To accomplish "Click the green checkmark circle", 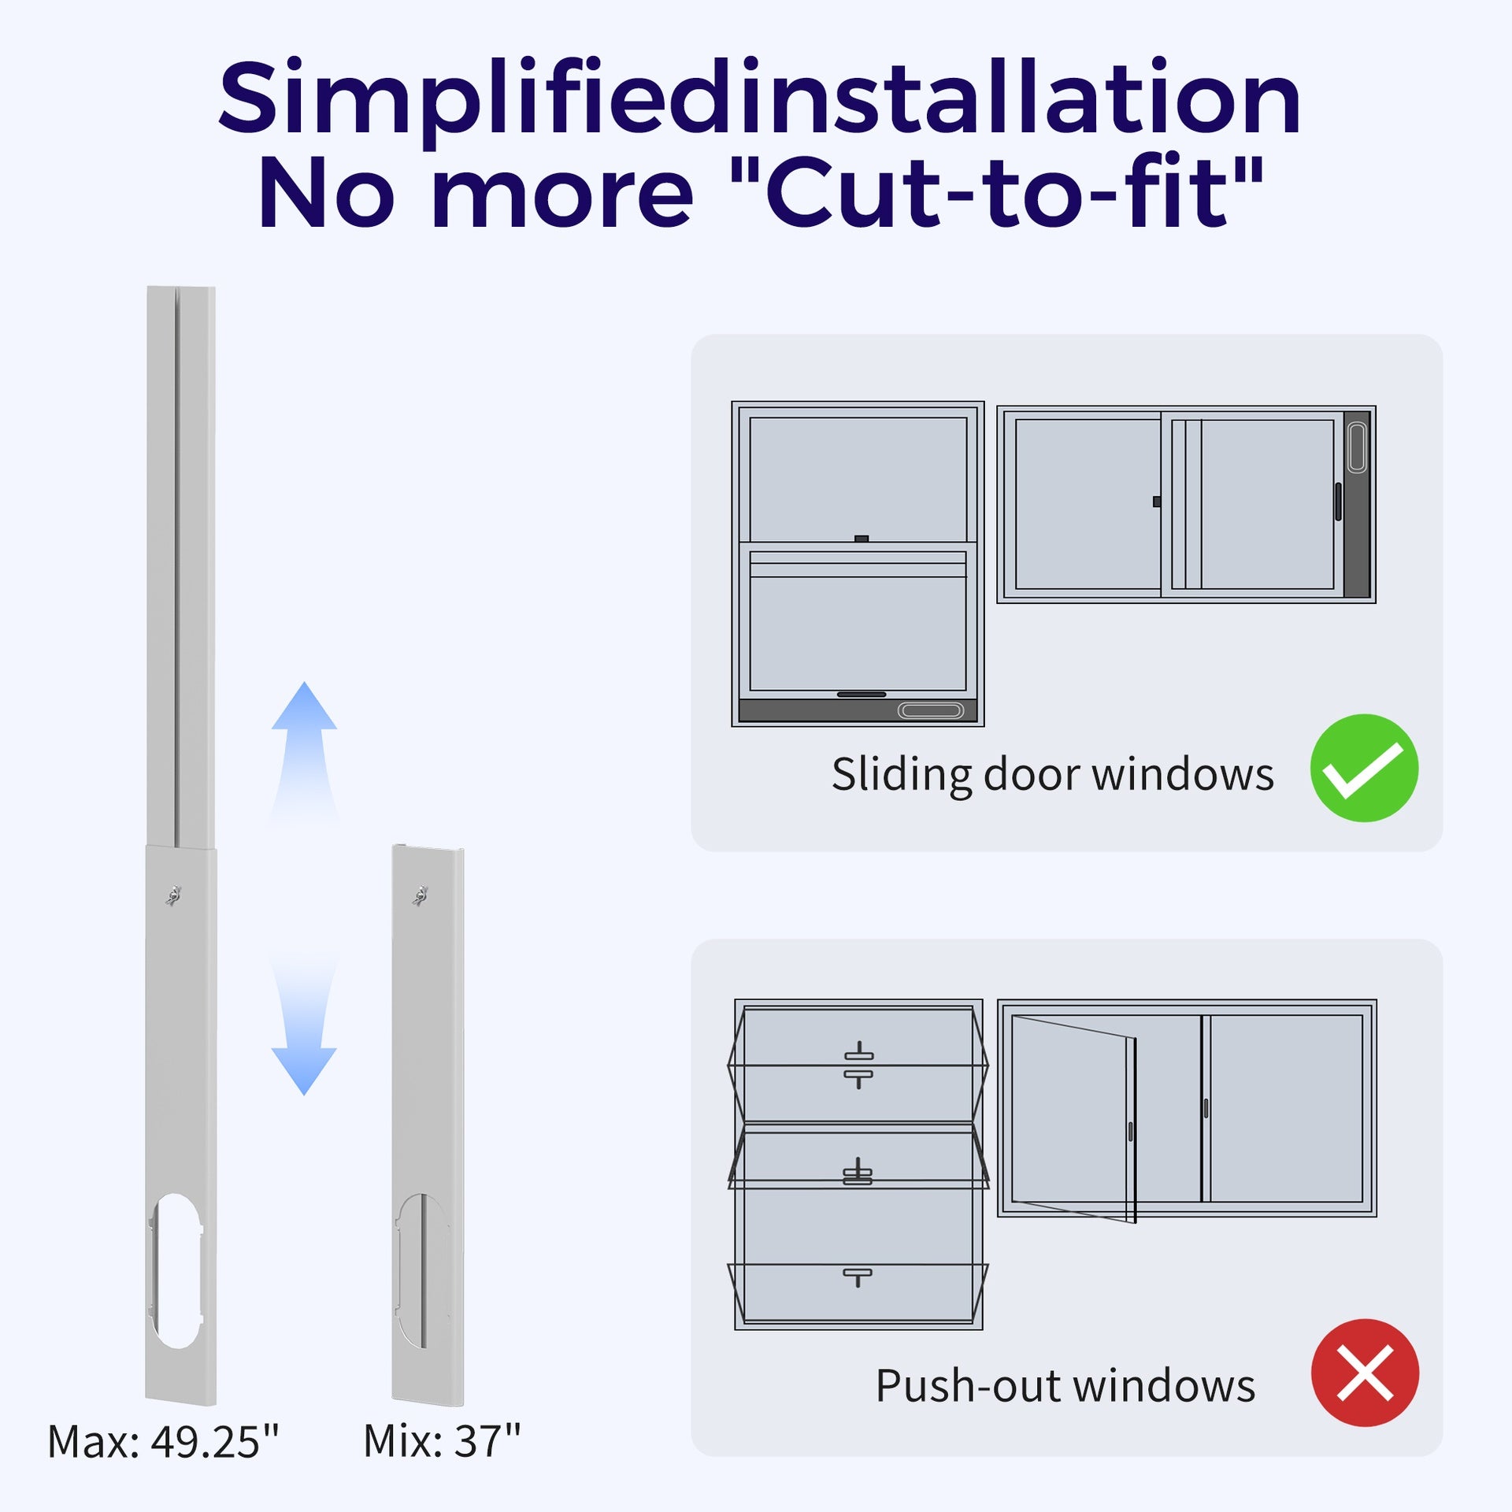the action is pos(1364,768).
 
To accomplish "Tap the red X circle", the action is pos(1365,1373).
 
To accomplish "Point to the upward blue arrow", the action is pos(304,752).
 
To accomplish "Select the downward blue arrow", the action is pos(304,1024).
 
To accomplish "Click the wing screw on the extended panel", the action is pos(173,895).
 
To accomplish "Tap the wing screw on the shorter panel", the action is pos(420,895).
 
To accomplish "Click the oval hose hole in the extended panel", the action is pos(175,1270).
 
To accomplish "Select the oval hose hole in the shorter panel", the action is pos(422,1270).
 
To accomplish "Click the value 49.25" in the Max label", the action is pos(215,1442).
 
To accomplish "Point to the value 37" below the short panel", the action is pos(487,1441).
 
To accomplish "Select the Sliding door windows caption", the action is pos(1053,775).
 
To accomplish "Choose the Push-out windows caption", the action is pos(1065,1385).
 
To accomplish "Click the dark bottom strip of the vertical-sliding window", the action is pos(858,710).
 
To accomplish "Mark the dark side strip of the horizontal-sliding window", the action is pos(1357,504).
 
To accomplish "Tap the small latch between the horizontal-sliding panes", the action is pos(1156,502).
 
